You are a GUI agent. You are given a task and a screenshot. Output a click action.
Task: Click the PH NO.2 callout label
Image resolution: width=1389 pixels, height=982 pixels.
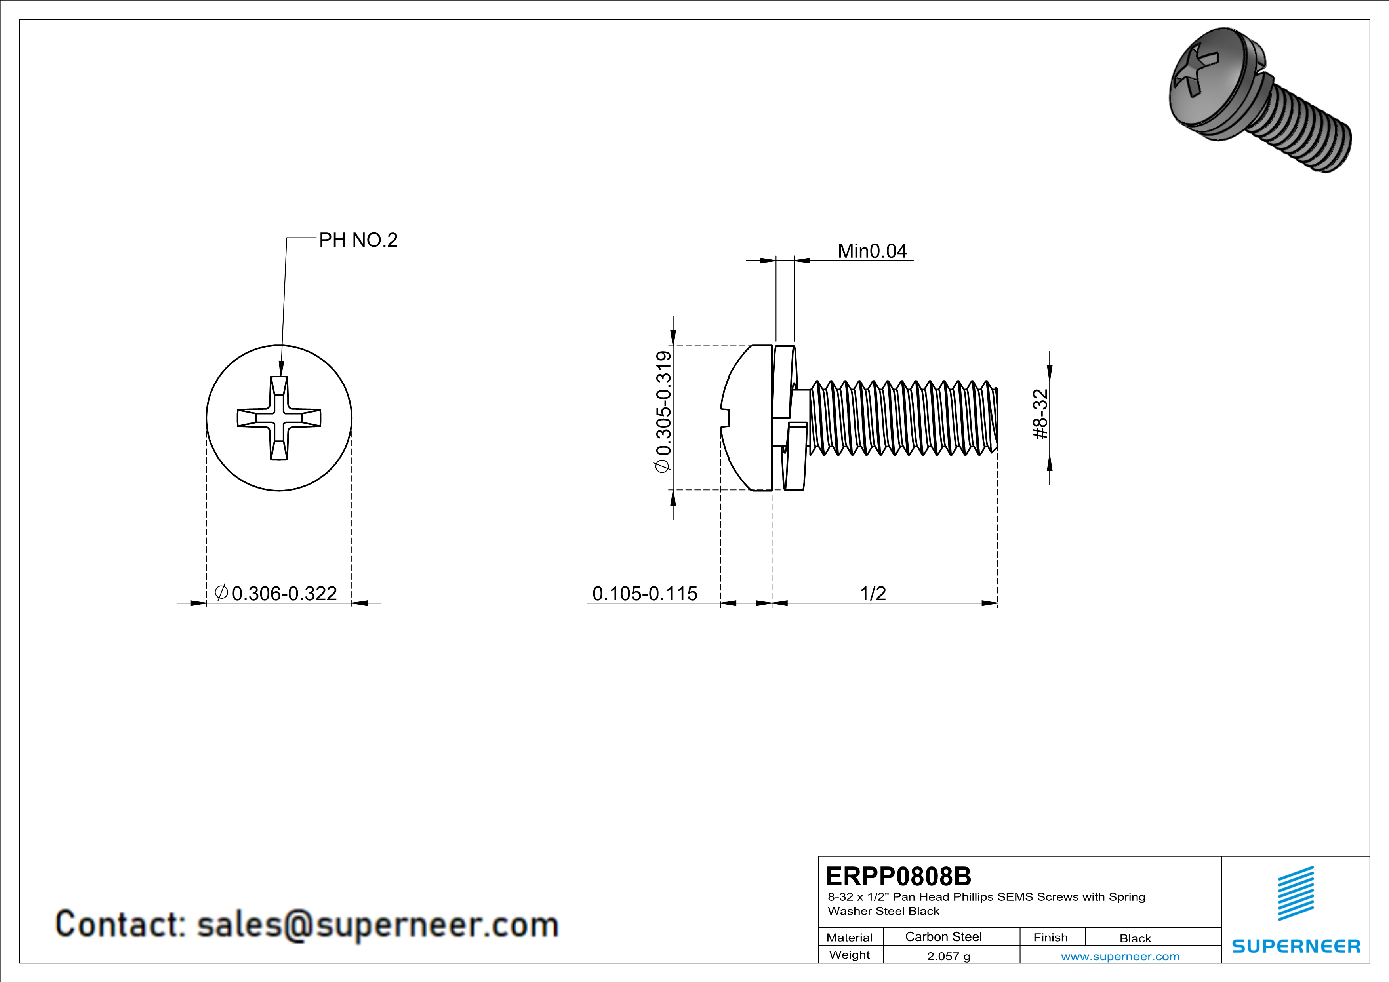click(358, 240)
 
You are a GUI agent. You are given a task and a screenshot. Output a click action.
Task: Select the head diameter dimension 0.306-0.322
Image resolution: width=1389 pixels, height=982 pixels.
click(284, 593)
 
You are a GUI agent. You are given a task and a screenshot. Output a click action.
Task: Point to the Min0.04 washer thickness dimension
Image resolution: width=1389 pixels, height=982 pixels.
click(872, 251)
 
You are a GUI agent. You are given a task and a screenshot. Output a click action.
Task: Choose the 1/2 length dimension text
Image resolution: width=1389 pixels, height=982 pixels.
click(873, 593)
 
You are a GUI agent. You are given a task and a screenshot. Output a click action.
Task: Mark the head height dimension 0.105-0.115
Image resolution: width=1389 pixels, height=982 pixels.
click(644, 593)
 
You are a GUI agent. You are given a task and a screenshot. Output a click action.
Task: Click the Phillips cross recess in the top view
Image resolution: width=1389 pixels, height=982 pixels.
click(279, 418)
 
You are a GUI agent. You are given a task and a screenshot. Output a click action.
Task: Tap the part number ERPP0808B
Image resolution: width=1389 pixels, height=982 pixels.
click(898, 875)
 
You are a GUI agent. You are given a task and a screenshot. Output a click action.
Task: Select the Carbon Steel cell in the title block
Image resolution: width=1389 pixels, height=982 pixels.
click(943, 936)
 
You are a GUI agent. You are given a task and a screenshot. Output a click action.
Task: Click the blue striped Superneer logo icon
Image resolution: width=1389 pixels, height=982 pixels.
click(1295, 893)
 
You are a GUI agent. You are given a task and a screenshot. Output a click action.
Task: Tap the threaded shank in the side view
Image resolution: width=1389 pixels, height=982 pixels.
click(901, 418)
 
